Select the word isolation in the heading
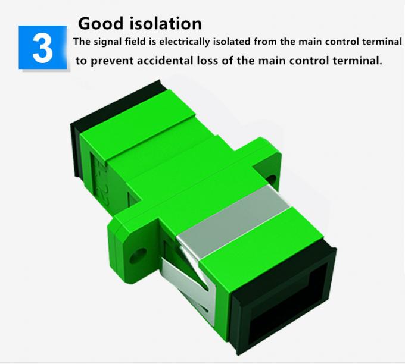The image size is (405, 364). (x=164, y=23)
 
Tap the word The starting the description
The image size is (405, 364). (x=82, y=42)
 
